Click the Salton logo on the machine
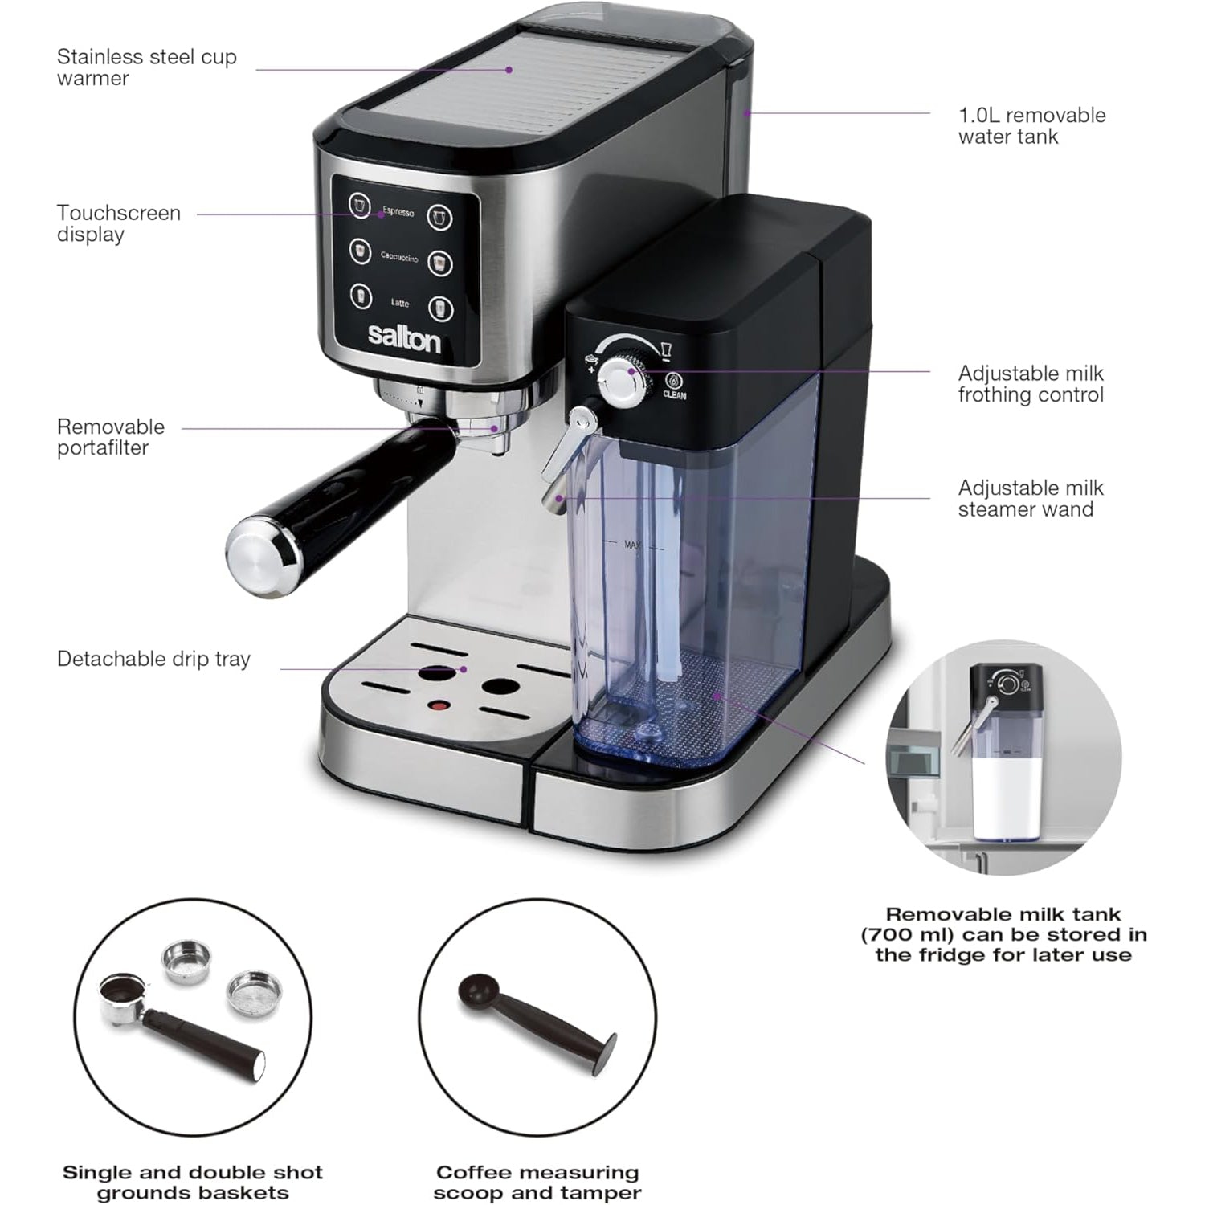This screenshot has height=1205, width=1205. coord(404,337)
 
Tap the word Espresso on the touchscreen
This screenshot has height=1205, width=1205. coord(398,211)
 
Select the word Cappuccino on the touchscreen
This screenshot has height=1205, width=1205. coord(399,258)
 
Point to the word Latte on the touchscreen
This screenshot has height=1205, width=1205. coord(400,303)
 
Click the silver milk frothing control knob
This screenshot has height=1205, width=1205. coord(623,381)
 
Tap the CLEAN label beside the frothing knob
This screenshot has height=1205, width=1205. coord(675,395)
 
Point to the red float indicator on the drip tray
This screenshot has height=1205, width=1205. coord(439,706)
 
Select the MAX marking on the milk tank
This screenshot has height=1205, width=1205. coord(632,545)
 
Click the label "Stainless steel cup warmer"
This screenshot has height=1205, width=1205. coord(146,67)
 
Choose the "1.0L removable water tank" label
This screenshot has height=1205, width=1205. coord(1031,126)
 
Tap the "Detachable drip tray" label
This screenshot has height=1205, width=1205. coord(153,660)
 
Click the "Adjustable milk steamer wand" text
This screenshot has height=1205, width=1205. coord(1031,499)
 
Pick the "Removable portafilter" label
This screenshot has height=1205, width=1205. coord(111,437)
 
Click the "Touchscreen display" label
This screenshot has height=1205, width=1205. coord(118,223)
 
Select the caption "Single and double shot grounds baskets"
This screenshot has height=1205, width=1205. coord(193,1183)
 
